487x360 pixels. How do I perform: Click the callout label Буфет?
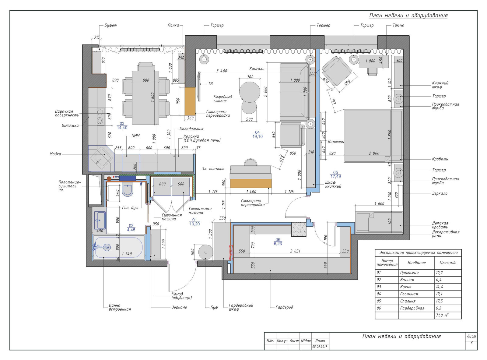pos(110,25)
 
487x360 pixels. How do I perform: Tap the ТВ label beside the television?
pos(210,83)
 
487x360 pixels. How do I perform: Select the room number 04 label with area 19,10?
pos(257,134)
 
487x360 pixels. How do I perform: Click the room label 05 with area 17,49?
pos(335,174)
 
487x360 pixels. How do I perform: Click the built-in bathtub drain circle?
pos(107,247)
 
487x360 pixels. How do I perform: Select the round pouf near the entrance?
pos(206,252)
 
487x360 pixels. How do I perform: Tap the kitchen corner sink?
pos(101,157)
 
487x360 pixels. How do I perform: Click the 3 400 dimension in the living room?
pos(222,71)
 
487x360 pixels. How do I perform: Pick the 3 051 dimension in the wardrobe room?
pos(295,251)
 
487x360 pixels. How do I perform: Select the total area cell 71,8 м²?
pos(442,315)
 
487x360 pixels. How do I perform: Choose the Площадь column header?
pos(448,263)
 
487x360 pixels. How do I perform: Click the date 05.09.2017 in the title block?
pos(320,347)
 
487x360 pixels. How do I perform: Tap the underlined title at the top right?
pos(408,16)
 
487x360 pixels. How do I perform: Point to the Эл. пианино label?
pos(213,169)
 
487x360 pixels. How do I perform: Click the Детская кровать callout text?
pos(440,225)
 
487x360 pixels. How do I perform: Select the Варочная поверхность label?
pos(67,113)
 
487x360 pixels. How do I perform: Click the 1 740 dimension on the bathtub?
pos(127,254)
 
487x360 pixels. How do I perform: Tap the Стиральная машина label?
pos(200,210)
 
